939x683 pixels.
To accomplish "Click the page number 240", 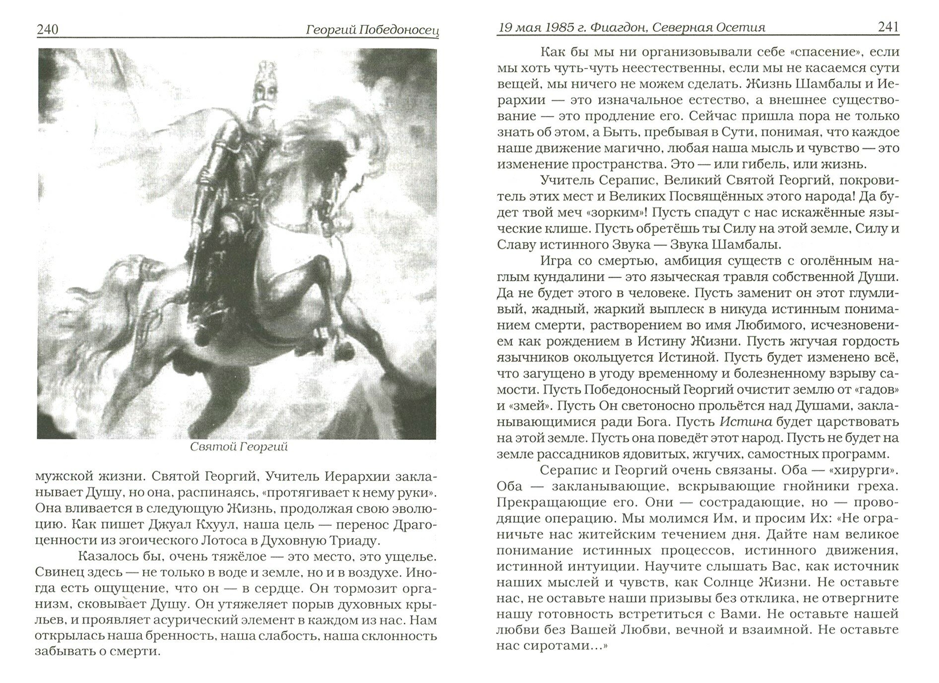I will pos(48,30).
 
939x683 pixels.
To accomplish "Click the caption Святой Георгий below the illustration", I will pos(239,447).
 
